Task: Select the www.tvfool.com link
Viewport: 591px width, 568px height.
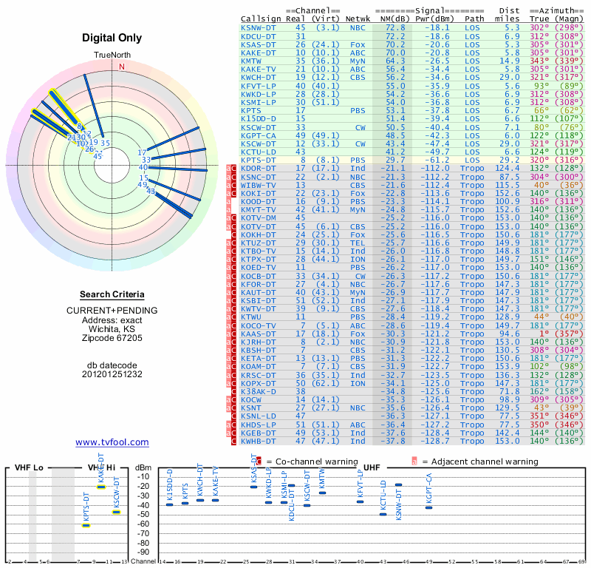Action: click(x=112, y=442)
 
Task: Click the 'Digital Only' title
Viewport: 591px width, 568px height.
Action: click(x=112, y=38)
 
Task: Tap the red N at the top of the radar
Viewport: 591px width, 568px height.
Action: click(x=122, y=67)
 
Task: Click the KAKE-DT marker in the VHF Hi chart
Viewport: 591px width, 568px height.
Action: click(x=101, y=487)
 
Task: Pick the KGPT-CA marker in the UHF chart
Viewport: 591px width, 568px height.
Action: click(x=428, y=507)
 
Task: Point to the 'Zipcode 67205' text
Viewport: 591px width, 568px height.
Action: click(x=112, y=338)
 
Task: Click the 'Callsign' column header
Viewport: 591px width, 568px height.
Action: click(x=260, y=18)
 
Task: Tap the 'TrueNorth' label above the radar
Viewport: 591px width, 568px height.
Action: click(x=112, y=55)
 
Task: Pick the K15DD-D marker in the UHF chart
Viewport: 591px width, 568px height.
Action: click(x=170, y=504)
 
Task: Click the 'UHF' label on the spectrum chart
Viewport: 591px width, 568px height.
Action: click(x=372, y=468)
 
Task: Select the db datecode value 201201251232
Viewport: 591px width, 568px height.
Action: click(x=112, y=374)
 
